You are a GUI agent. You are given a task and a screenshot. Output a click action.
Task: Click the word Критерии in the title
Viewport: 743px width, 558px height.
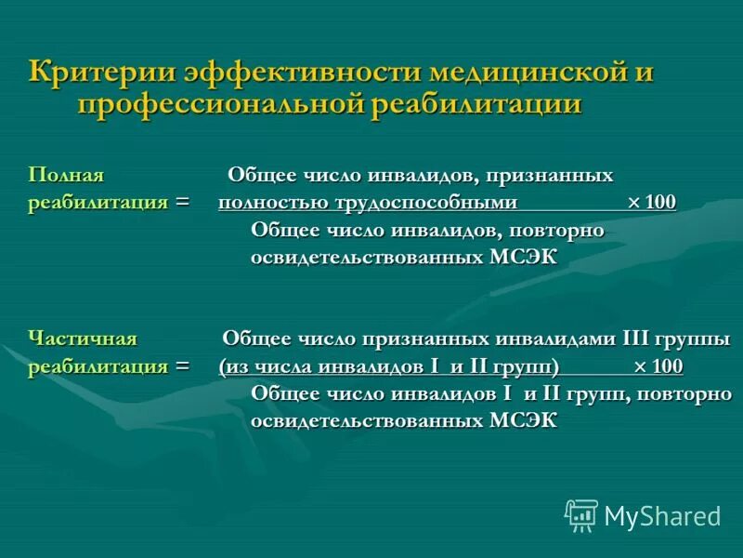pyautogui.click(x=98, y=72)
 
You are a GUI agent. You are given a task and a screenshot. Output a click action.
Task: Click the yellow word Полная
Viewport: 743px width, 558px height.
pyautogui.click(x=66, y=175)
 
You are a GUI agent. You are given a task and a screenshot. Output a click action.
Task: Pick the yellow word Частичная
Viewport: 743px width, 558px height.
pyautogui.click(x=83, y=338)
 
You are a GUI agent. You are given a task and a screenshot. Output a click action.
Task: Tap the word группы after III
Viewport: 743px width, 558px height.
pyautogui.click(x=697, y=338)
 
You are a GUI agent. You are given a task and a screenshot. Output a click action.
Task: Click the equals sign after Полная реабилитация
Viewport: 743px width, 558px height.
pyautogui.click(x=182, y=203)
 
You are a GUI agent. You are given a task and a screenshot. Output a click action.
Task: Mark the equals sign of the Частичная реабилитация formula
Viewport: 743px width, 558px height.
pyautogui.click(x=182, y=365)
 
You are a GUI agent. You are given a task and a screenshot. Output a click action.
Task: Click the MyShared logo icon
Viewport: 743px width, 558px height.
pyautogui.click(x=581, y=514)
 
